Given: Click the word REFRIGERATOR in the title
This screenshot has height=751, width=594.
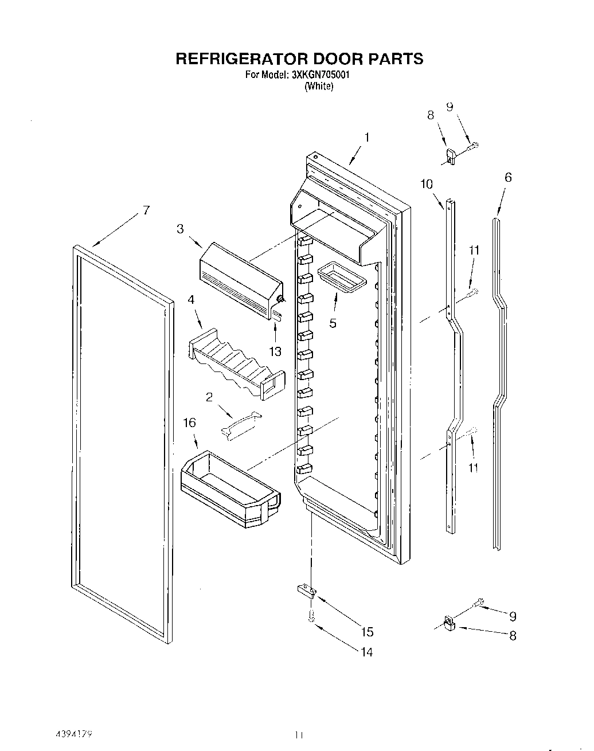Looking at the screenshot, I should click(x=241, y=58).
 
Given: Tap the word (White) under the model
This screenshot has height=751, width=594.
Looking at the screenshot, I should click(x=319, y=86).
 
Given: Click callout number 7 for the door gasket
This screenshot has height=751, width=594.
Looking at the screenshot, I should click(x=146, y=211).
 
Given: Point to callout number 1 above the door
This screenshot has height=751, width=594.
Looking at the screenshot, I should click(x=367, y=137).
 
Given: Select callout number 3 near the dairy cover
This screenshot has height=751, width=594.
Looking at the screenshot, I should click(x=180, y=229).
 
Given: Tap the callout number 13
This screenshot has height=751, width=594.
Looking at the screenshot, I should click(x=275, y=351).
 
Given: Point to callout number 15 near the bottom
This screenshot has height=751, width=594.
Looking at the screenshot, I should click(x=367, y=631).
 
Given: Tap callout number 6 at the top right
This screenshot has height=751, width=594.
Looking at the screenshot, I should click(x=507, y=178).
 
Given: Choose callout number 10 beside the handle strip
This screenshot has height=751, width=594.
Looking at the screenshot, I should click(x=426, y=184).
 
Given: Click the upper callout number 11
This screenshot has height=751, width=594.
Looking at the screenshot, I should click(x=474, y=250).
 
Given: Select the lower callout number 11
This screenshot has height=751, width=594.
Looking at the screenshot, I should click(x=473, y=468).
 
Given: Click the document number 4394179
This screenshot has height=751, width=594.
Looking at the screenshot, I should click(x=74, y=734).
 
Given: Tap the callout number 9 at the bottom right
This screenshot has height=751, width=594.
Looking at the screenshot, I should click(x=513, y=616).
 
